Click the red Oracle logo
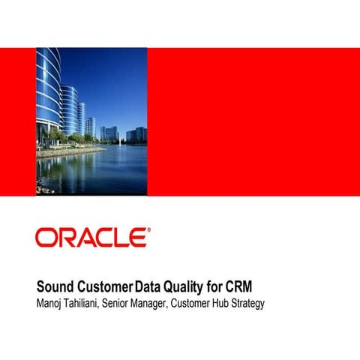click(91, 238)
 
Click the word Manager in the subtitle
click(166, 303)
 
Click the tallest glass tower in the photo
click(46, 94)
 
